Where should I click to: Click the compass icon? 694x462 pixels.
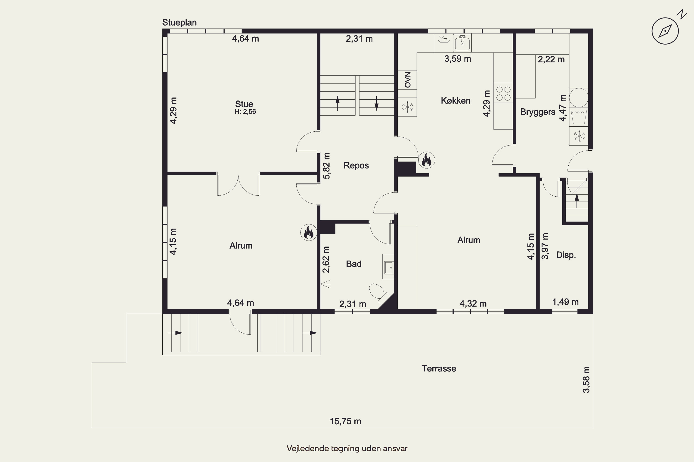(x=665, y=31)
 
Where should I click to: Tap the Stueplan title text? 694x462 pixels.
(x=180, y=22)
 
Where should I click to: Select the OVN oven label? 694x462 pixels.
(x=407, y=79)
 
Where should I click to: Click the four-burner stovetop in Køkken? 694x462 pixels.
(x=503, y=93)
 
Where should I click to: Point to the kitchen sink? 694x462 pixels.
(x=463, y=43)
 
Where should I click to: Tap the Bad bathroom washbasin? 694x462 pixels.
(x=389, y=267)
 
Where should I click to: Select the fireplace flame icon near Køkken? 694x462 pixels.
(x=426, y=160)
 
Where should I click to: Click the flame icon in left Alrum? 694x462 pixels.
(x=309, y=232)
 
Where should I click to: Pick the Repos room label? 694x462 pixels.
(x=356, y=165)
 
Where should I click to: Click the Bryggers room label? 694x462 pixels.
(x=538, y=112)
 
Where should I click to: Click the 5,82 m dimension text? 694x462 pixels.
(x=326, y=166)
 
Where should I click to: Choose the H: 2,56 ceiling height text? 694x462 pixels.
(x=245, y=112)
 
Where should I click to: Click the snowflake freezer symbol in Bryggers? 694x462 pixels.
(x=579, y=136)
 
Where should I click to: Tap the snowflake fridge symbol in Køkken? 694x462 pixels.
(x=407, y=107)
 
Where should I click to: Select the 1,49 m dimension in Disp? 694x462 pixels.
(x=565, y=302)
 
